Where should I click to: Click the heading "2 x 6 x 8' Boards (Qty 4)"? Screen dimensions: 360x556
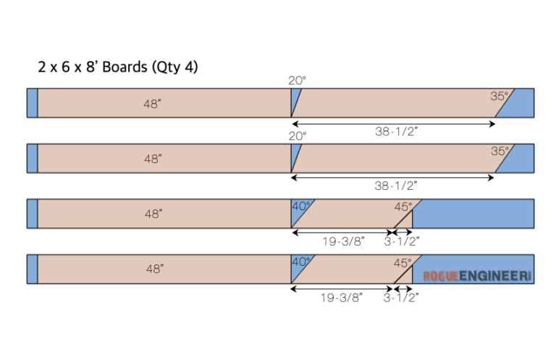[x=118, y=67]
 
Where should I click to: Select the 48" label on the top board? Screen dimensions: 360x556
[x=153, y=104]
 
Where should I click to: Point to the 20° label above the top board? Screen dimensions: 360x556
[x=297, y=81]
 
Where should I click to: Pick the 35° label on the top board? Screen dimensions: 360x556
[x=500, y=96]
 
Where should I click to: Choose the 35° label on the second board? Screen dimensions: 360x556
[x=500, y=151]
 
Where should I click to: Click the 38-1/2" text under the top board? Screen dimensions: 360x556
[x=397, y=131]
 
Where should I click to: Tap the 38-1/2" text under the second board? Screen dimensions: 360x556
[x=397, y=186]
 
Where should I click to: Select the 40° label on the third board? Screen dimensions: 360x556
[x=300, y=206]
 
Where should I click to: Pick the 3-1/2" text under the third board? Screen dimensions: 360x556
[x=402, y=241]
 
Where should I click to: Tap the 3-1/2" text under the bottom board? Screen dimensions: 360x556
[x=402, y=297]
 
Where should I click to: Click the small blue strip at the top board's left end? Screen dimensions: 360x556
[x=32, y=103]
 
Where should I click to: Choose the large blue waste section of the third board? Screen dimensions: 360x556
[x=473, y=214]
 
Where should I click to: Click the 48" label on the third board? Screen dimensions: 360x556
[x=153, y=214]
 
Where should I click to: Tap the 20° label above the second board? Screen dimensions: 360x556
[x=297, y=135]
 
